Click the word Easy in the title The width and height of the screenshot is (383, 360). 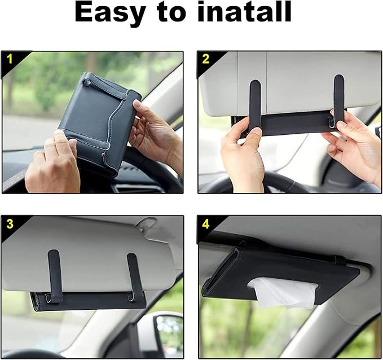[110, 12]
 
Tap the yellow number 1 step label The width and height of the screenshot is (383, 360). [9, 59]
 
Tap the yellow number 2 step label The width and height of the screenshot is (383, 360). [206, 59]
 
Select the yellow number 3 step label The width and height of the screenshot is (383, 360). [10, 224]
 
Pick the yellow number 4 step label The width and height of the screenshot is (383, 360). [206, 224]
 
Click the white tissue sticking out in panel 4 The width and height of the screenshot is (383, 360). [284, 292]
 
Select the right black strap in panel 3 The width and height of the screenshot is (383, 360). [134, 276]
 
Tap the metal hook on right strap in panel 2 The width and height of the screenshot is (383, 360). [333, 119]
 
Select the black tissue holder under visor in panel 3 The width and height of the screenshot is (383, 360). [88, 301]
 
